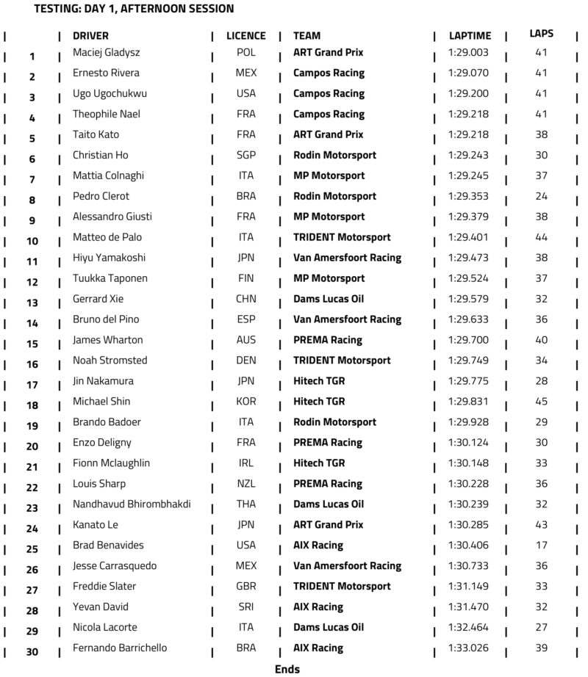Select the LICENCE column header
tap(245, 36)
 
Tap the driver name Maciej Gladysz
tap(106, 53)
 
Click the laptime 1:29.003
tap(467, 53)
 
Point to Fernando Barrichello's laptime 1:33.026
tap(467, 648)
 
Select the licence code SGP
tap(245, 156)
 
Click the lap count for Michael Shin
tap(542, 402)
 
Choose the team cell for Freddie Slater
tap(342, 587)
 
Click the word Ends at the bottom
tap(287, 669)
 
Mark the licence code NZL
tap(245, 484)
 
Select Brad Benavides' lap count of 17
tap(542, 546)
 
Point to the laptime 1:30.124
tap(467, 443)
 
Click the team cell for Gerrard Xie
tap(329, 299)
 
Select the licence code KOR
tap(245, 402)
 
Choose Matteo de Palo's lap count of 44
tap(542, 237)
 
